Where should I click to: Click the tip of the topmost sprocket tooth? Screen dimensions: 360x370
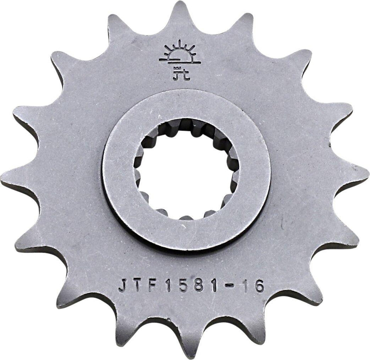(181, 4)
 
